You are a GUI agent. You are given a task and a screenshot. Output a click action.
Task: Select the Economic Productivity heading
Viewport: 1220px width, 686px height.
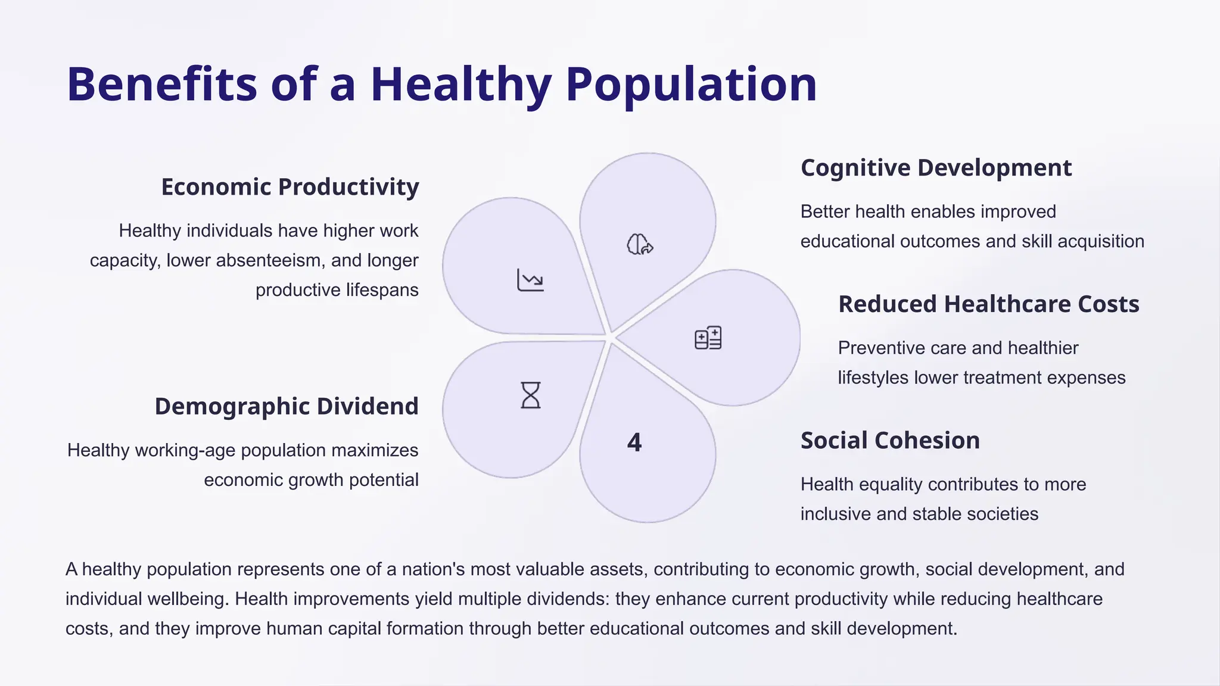tap(290, 187)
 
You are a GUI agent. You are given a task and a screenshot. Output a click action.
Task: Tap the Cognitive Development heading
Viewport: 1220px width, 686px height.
tap(936, 168)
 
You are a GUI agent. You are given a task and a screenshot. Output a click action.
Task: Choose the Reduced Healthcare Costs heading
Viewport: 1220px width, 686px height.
tap(988, 304)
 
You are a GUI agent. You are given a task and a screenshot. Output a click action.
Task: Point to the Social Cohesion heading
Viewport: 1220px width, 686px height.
tap(890, 441)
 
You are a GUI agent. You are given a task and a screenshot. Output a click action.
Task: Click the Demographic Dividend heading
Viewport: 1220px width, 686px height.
tap(287, 407)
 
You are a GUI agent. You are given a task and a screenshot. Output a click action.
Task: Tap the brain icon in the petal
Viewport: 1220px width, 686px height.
tap(640, 244)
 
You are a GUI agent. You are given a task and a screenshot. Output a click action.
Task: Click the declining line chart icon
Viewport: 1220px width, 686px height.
tap(530, 280)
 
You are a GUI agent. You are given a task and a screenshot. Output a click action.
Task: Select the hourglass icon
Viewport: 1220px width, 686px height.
tap(530, 395)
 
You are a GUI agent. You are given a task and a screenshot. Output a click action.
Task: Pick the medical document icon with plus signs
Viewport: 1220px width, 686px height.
tap(708, 338)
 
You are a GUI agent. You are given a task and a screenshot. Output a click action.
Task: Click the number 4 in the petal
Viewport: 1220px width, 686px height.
tap(634, 442)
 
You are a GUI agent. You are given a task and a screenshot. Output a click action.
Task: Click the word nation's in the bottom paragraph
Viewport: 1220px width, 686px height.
tap(433, 569)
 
